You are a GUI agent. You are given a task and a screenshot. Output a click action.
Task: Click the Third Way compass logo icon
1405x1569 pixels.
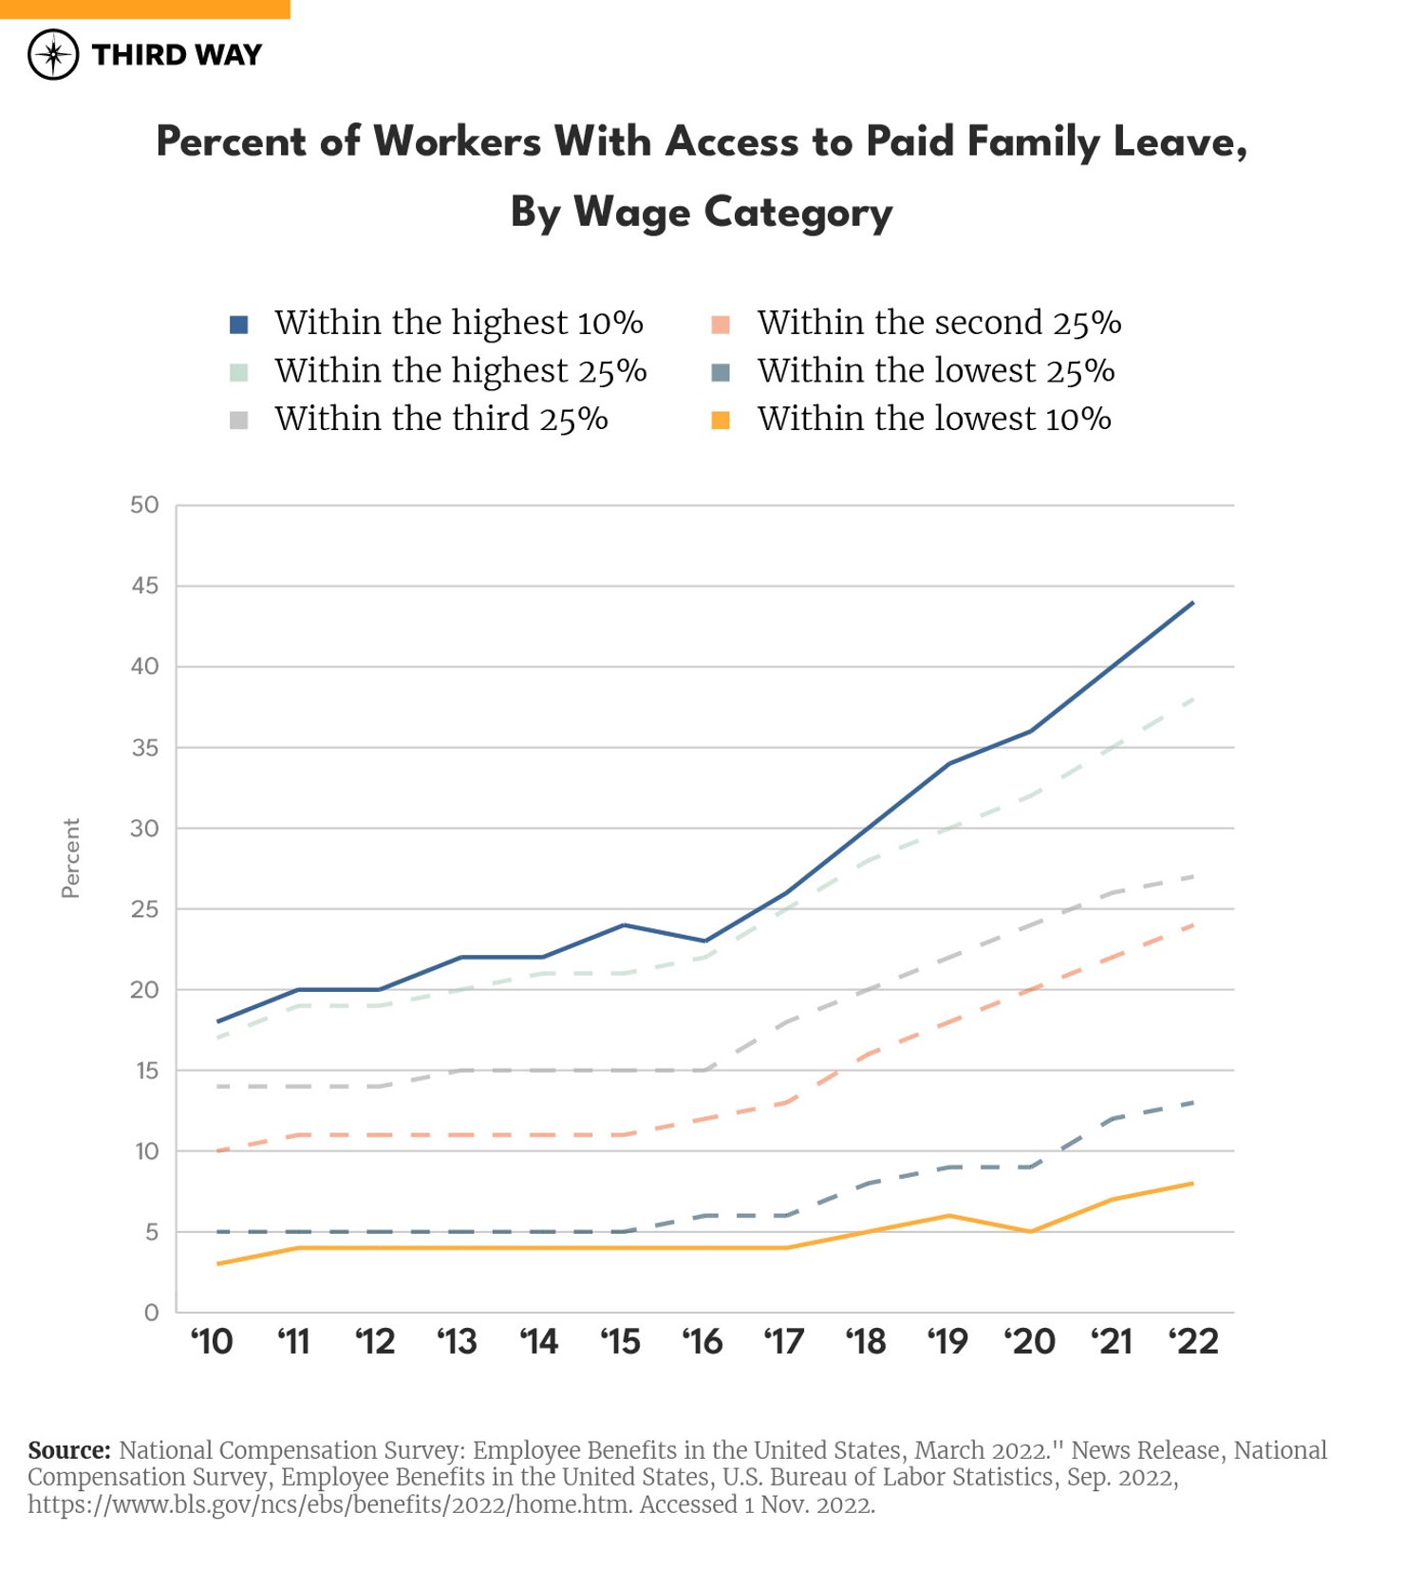pyautogui.click(x=53, y=54)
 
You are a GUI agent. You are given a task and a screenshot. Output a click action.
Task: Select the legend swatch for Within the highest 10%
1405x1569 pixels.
pyautogui.click(x=239, y=325)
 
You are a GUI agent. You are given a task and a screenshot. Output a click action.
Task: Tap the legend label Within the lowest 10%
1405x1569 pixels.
pyautogui.click(x=933, y=419)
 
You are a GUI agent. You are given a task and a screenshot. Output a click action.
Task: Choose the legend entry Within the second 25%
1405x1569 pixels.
pyautogui.click(x=939, y=323)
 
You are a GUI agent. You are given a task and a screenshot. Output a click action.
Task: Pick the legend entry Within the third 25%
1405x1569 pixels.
pyautogui.click(x=440, y=419)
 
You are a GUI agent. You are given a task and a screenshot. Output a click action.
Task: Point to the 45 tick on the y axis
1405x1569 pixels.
pyautogui.click(x=145, y=586)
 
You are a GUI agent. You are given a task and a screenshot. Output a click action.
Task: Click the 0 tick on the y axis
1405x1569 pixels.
pyautogui.click(x=152, y=1313)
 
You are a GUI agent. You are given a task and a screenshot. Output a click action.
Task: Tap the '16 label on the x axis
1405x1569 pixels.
pyautogui.click(x=702, y=1342)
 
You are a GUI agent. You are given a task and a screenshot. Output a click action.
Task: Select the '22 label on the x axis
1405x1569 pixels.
pyautogui.click(x=1193, y=1342)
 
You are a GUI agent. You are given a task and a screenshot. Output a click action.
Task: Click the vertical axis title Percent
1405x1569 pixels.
pyautogui.click(x=71, y=858)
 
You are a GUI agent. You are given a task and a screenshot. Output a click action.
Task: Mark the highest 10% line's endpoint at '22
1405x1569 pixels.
pyautogui.click(x=1193, y=603)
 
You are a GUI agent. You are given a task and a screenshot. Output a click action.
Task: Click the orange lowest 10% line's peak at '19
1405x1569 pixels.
pyautogui.click(x=949, y=1215)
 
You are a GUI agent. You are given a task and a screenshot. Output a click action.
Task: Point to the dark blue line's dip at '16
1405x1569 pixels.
pyautogui.click(x=704, y=941)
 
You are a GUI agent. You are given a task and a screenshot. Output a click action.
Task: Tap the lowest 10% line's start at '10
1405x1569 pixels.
pyautogui.click(x=218, y=1263)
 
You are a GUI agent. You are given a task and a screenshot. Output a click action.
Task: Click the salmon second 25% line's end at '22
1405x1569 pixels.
pyautogui.click(x=1193, y=925)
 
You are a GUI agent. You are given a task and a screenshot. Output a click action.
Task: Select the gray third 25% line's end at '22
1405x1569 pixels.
pyautogui.click(x=1193, y=876)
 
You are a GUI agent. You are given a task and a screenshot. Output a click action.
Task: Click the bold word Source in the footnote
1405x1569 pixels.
pyautogui.click(x=69, y=1450)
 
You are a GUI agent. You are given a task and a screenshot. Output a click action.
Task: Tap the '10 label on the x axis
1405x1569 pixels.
pyautogui.click(x=212, y=1342)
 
